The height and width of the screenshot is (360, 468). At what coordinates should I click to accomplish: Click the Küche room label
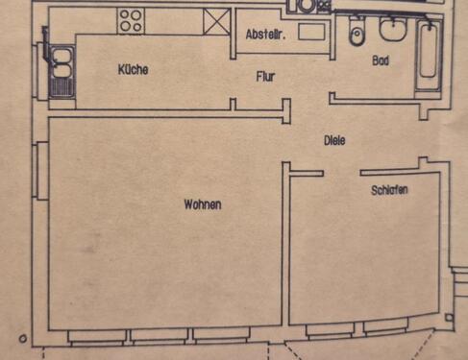[x=133, y=70]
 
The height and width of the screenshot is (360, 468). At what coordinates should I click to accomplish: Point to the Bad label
[x=381, y=60]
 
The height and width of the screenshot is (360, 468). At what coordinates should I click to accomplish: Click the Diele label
[x=334, y=140]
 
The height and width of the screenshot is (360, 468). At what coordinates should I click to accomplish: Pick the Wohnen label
[x=203, y=204]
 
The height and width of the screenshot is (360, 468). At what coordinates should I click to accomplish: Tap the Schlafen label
[x=389, y=191]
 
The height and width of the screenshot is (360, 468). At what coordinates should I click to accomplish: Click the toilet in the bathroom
[x=357, y=35]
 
